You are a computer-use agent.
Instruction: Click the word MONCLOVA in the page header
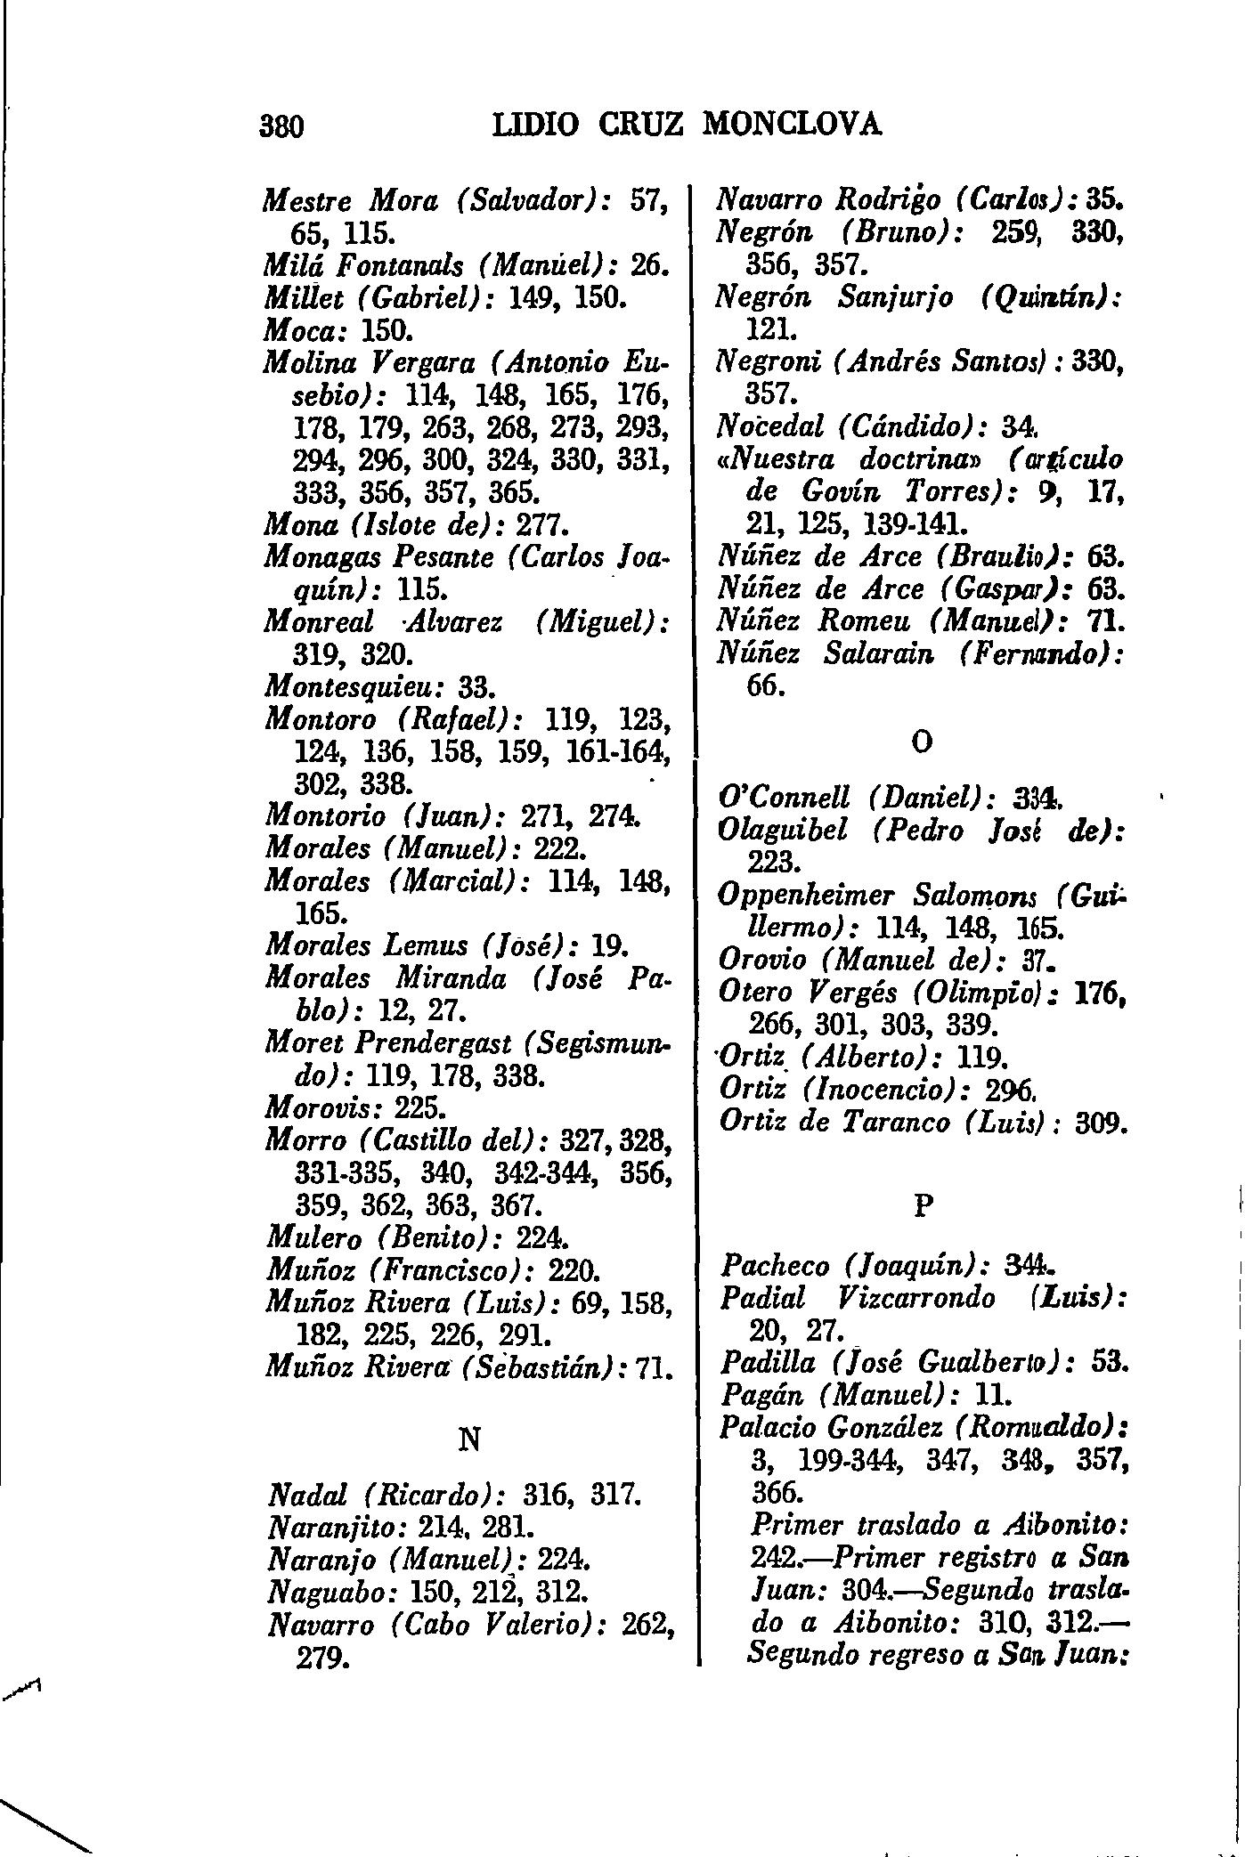click(x=792, y=123)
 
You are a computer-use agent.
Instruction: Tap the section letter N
click(x=469, y=1440)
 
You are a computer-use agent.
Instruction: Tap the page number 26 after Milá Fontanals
click(x=647, y=265)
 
